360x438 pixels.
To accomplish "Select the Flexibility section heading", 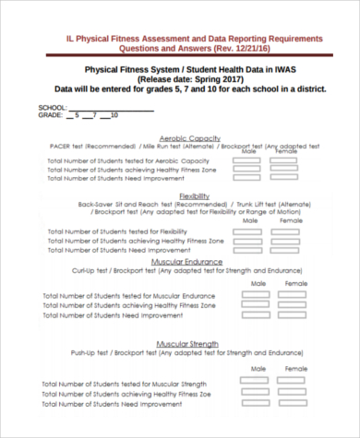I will (x=194, y=195).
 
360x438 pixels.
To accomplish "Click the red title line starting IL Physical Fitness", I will (x=195, y=39).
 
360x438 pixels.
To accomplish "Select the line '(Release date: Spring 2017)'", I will (x=193, y=78).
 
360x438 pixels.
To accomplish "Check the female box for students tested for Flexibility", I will (x=291, y=231).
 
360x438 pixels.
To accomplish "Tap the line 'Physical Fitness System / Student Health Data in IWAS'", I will (x=194, y=67).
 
